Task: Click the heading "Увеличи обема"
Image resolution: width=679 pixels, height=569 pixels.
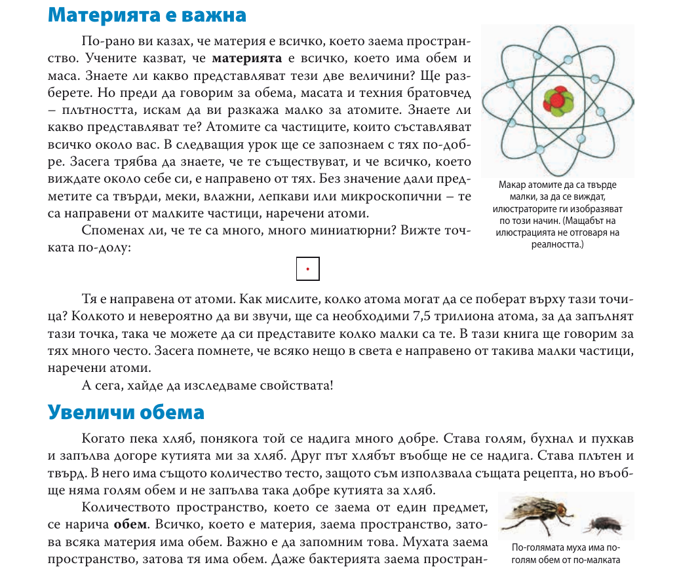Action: [x=126, y=413]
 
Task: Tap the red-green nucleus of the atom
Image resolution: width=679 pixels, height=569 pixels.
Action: [x=558, y=102]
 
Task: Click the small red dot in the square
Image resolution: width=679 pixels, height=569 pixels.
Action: [x=307, y=269]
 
